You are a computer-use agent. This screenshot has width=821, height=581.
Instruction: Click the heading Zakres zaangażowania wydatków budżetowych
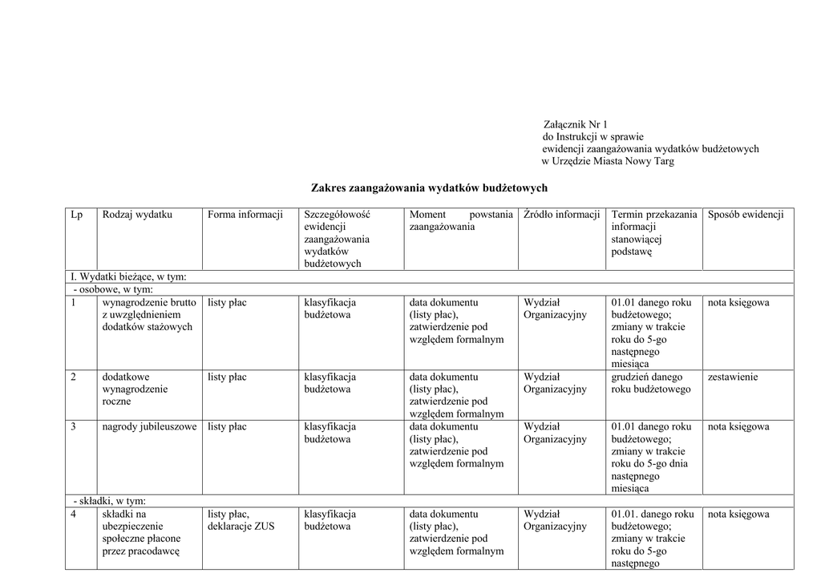pos(429,188)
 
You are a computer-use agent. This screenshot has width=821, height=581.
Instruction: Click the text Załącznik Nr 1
pos(576,124)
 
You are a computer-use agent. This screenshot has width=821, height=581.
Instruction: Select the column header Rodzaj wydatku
pos(137,214)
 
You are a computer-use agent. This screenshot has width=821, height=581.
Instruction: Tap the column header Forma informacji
pos(245,214)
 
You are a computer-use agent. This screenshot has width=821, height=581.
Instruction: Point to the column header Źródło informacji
pos(562,214)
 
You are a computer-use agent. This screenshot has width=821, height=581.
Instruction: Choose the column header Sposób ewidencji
pos(746,214)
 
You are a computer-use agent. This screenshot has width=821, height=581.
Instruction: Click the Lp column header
pos(77,214)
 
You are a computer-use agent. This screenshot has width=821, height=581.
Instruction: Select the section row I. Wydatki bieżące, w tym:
pos(129,276)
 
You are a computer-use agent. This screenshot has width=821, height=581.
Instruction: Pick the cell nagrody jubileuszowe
pos(149,427)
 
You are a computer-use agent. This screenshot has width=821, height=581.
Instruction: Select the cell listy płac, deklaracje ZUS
pos(241,520)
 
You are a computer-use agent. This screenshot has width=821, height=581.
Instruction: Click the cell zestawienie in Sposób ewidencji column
pos(732,377)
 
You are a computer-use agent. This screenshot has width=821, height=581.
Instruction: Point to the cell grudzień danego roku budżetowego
pos(650,383)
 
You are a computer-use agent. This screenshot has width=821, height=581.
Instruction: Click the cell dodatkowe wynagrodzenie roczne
pos(135,389)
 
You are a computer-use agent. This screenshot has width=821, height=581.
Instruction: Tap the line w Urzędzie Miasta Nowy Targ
pos(608,161)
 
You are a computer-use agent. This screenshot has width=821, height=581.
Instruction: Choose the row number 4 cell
pos(74,514)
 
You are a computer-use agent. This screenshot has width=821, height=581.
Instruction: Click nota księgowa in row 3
pos(738,427)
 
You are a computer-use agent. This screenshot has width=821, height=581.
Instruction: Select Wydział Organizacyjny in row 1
pos(555,309)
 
